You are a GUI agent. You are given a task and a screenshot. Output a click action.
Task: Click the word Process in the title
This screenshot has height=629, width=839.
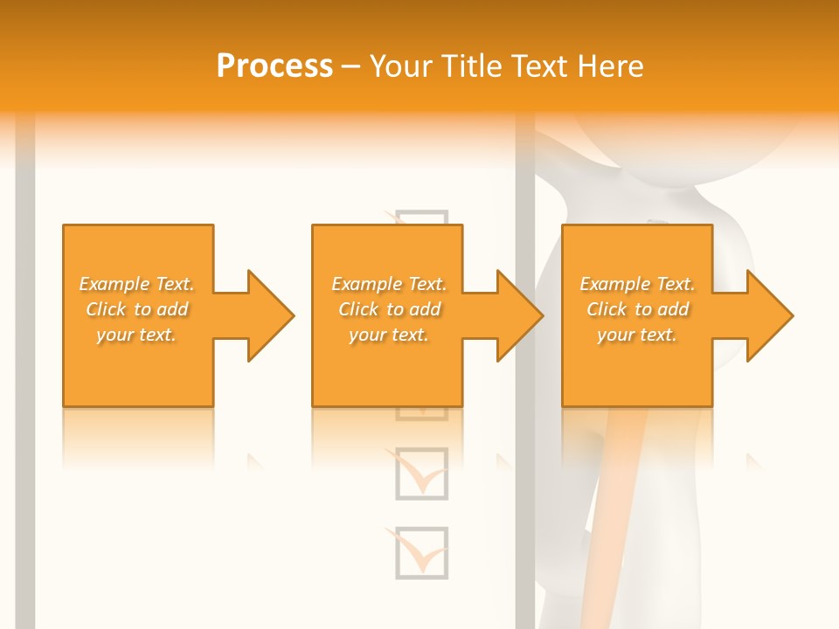pos(274,66)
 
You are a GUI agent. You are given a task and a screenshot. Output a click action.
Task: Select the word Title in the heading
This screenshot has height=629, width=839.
pos(474,66)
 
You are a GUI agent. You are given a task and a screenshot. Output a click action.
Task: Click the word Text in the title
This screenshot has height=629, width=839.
pos(542,66)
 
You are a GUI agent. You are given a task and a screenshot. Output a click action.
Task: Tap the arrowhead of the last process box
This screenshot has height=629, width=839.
pos(768,315)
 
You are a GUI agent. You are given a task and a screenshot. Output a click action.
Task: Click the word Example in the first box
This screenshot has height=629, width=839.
pos(114,284)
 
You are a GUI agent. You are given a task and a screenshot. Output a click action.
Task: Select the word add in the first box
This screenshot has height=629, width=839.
pos(172,309)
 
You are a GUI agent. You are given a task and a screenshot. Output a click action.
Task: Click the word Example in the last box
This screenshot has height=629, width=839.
pos(614,284)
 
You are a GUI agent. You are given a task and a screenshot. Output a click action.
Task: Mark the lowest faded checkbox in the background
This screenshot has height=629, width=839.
pos(421,552)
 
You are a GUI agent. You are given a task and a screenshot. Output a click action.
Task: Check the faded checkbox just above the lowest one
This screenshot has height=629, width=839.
pos(421,473)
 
